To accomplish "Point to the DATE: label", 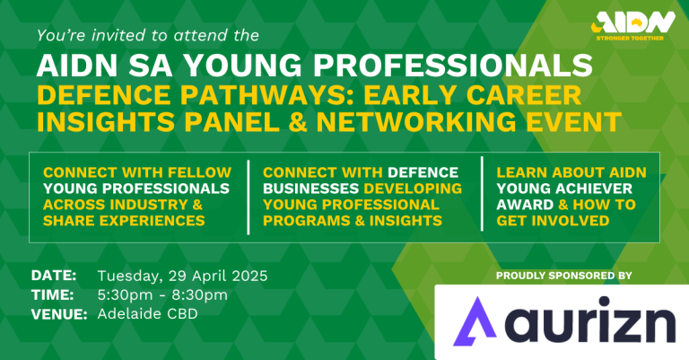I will pos(54,275).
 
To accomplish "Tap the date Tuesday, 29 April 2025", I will pos(181,275).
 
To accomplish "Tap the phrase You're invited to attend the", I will pos(149,37).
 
